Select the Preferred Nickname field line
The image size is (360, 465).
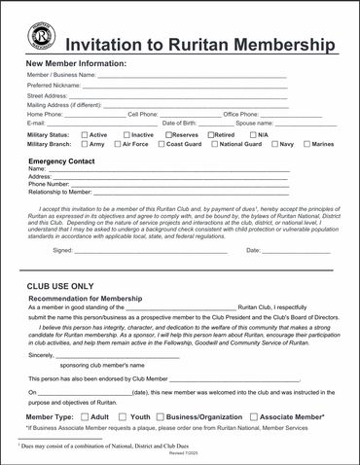[x=185, y=86]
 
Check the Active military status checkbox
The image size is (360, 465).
[x=85, y=134]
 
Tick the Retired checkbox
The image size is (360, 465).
[x=210, y=134]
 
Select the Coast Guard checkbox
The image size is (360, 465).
[x=162, y=144]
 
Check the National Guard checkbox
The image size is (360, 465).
[x=215, y=144]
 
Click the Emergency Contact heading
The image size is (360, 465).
[x=61, y=161]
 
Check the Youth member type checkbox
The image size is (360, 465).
[x=125, y=415]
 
